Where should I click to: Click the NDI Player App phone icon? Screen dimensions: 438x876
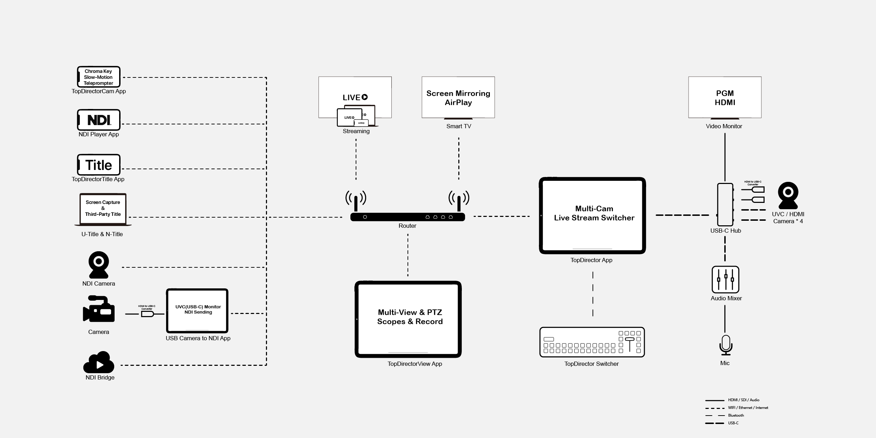(98, 120)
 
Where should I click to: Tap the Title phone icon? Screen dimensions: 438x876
(98, 165)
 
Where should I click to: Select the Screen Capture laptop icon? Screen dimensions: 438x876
(103, 209)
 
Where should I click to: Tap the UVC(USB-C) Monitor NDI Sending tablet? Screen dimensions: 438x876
(197, 310)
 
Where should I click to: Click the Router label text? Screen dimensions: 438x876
(407, 226)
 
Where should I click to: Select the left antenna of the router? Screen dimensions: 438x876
(356, 201)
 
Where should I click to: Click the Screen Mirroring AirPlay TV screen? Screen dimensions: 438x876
(458, 97)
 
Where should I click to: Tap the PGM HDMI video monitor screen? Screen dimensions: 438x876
(725, 97)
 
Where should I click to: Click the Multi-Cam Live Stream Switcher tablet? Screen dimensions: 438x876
(592, 215)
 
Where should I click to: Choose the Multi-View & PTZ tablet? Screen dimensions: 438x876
(408, 319)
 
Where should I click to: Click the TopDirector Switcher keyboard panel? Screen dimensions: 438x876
(592, 342)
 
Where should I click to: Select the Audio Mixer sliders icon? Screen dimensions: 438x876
(725, 279)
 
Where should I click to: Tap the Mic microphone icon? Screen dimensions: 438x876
(725, 345)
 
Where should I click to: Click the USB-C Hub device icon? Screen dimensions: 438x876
(725, 205)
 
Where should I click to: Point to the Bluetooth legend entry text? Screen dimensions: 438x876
(736, 415)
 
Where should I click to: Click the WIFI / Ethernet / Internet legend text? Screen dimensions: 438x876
(748, 408)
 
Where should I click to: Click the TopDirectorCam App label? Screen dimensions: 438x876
(98, 91)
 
